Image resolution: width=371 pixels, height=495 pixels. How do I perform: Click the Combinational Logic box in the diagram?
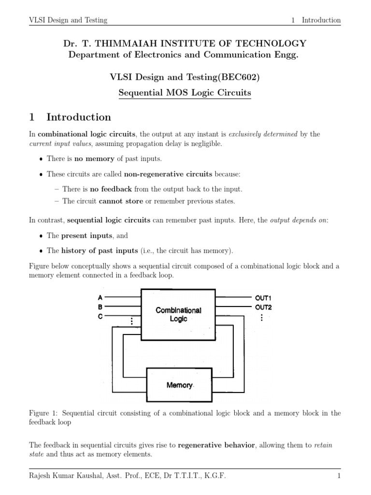178,314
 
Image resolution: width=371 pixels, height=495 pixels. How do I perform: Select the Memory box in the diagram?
179,385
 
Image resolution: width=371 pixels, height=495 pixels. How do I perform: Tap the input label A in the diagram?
100,297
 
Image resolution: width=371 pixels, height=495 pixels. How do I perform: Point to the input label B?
100,306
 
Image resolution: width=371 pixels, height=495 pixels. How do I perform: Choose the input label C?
100,316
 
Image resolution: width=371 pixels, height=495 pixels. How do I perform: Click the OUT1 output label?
263,298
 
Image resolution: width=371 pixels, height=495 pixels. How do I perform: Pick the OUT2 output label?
263,307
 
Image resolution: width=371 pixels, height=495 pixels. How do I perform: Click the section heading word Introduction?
79,117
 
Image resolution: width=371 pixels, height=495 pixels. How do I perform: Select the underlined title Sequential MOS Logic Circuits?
185,92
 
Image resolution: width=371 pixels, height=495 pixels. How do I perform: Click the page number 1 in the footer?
339,476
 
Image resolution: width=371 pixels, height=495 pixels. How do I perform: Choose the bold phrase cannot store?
118,201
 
